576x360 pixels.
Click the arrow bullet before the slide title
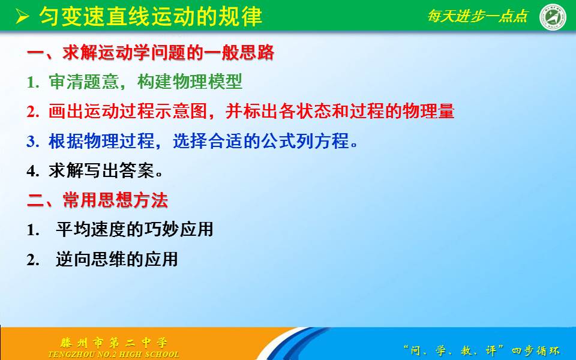tap(22, 17)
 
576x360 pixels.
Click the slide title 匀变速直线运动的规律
tap(151, 17)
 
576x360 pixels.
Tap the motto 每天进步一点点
tap(478, 16)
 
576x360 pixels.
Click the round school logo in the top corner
tap(553, 17)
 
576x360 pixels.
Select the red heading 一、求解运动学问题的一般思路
tap(151, 53)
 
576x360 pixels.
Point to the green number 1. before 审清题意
tap(32, 83)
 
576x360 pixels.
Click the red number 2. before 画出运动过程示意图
tap(32, 112)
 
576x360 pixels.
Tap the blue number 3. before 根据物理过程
tap(32, 142)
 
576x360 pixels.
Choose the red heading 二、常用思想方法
tap(98, 200)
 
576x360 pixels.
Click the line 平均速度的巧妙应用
tap(134, 229)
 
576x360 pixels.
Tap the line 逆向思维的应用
tap(117, 259)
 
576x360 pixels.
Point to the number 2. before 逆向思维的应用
tap(32, 260)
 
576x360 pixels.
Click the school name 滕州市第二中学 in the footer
tap(114, 343)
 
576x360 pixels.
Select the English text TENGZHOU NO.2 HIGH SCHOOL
tap(114, 354)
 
